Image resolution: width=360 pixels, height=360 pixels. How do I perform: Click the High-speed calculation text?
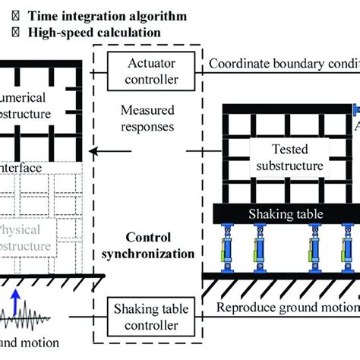95,32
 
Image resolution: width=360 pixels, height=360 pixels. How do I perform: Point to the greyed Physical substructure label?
27,235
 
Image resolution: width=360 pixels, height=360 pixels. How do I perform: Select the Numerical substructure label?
27,125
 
